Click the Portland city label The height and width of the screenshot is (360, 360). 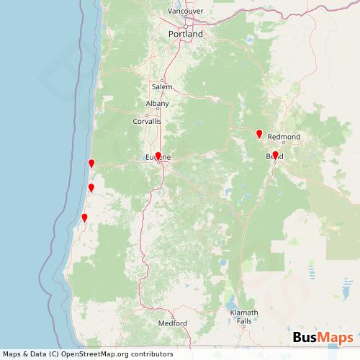click(185, 34)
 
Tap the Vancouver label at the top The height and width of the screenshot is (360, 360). click(186, 12)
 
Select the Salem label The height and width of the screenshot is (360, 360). click(162, 86)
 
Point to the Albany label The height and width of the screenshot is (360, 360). click(157, 104)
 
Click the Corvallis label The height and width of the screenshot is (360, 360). click(147, 122)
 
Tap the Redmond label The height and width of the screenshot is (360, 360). click(283, 136)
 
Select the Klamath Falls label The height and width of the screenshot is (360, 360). click(244, 320)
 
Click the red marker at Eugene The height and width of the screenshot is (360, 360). click(158, 155)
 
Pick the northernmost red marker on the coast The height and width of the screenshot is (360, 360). click(91, 163)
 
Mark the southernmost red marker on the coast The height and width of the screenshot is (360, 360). click(84, 217)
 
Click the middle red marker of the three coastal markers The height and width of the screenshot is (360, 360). click(91, 187)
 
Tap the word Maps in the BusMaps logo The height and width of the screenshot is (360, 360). click(335, 338)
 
